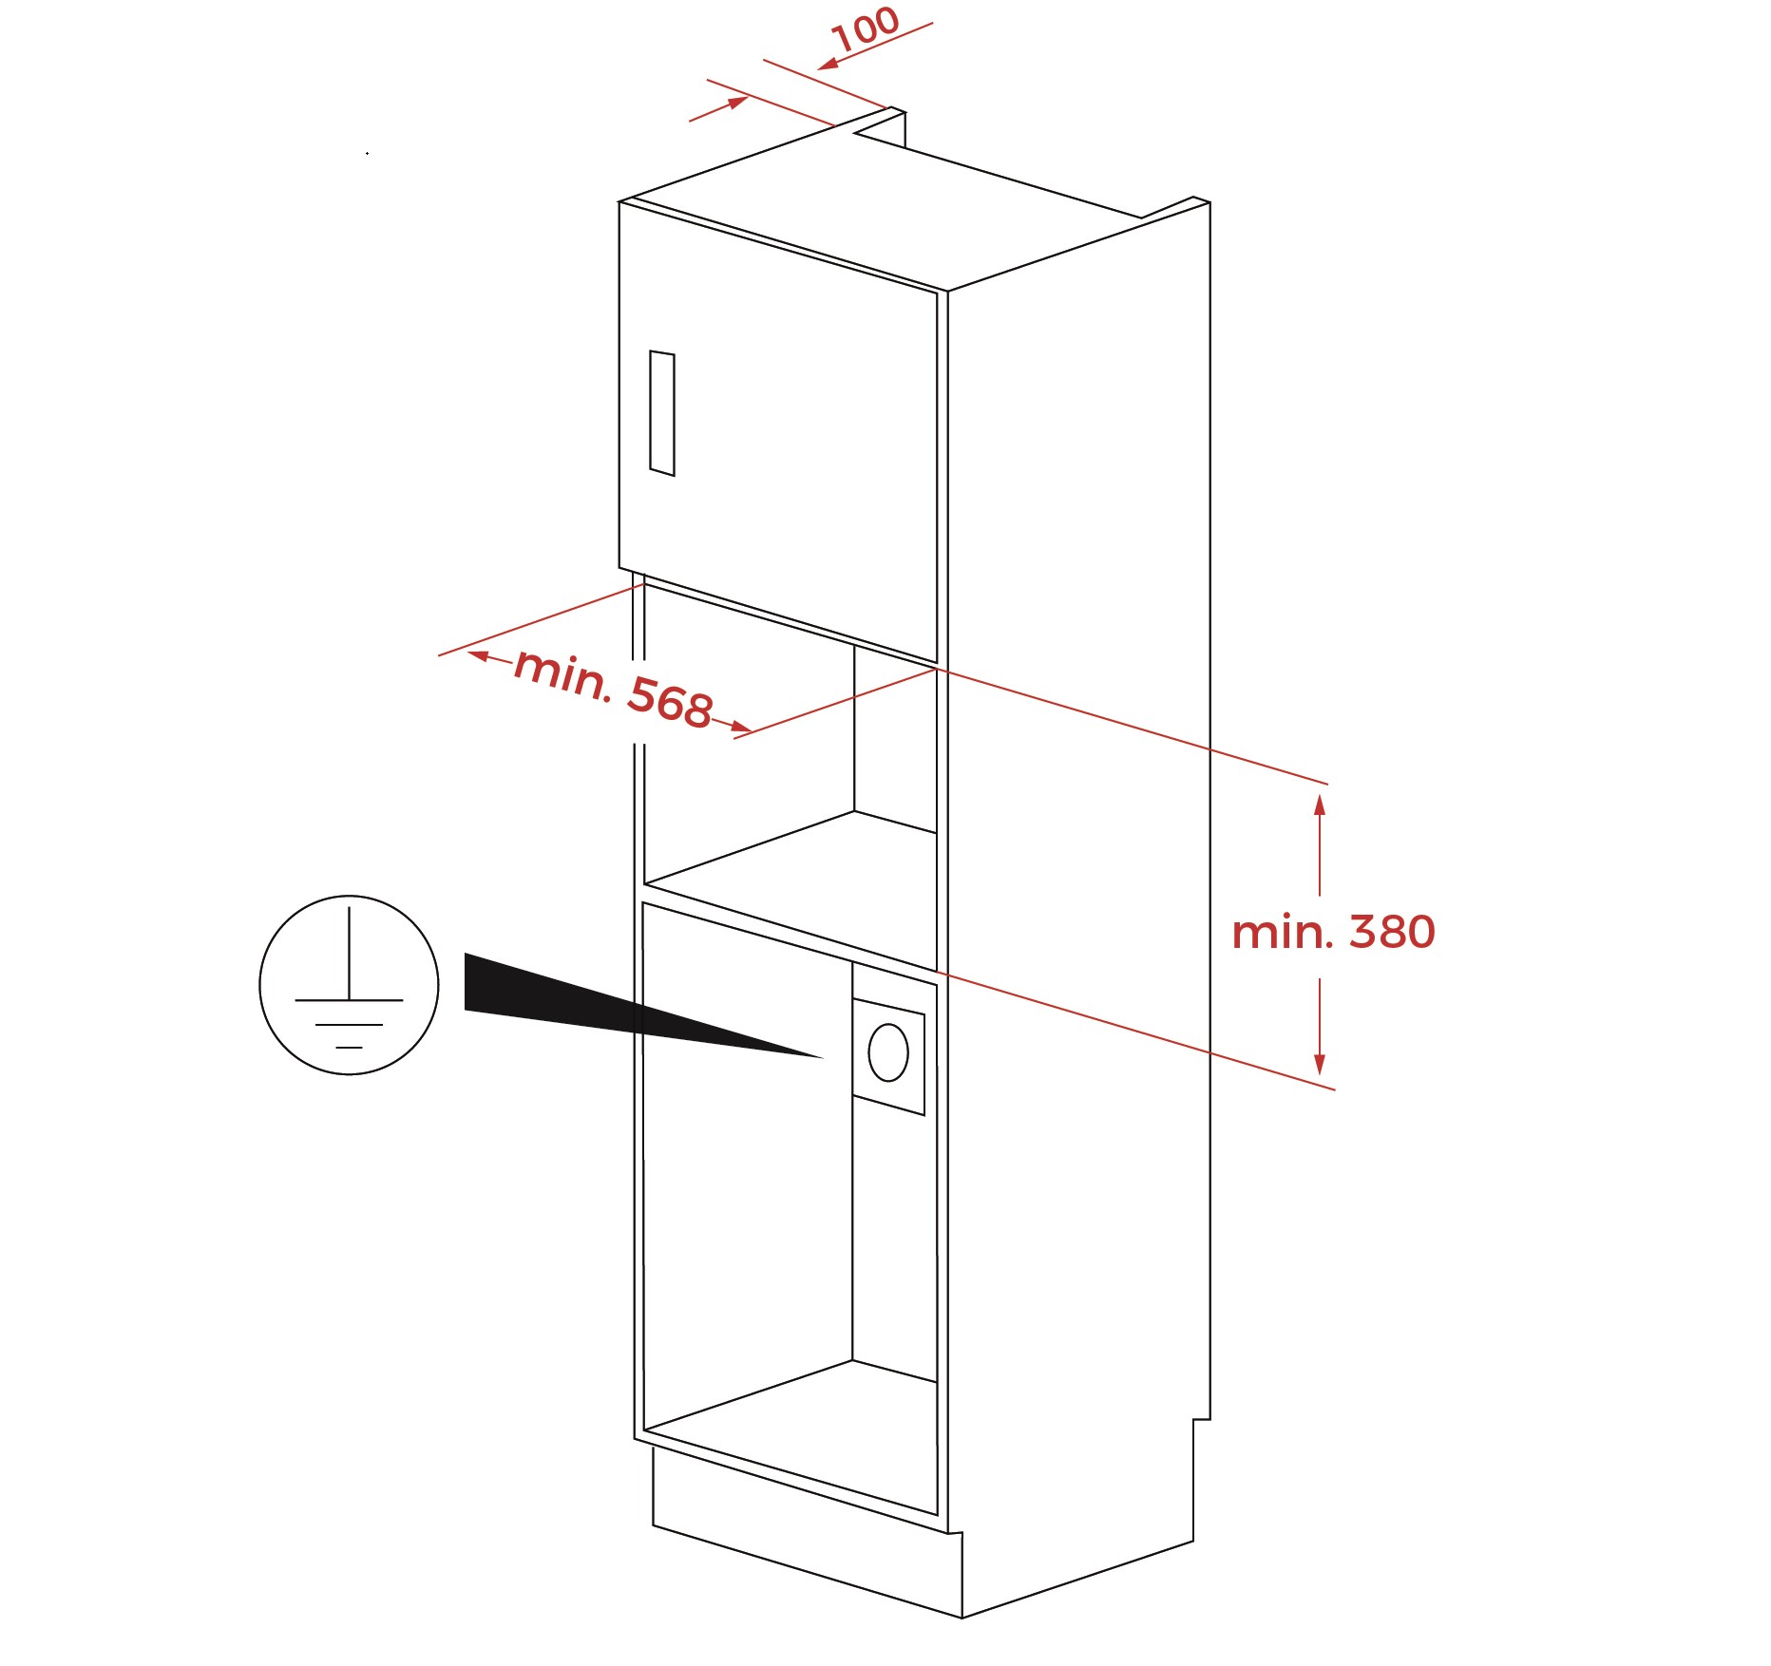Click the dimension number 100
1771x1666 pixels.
(x=865, y=28)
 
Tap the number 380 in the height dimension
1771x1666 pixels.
(x=1392, y=932)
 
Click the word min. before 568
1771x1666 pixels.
(x=562, y=673)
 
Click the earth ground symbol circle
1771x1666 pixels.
(x=349, y=985)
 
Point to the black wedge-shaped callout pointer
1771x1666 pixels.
(x=642, y=1006)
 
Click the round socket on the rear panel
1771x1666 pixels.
(x=888, y=1052)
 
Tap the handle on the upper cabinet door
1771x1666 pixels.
(x=662, y=413)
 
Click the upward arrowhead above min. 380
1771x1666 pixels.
(x=1320, y=805)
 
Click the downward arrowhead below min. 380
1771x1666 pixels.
(x=1320, y=1064)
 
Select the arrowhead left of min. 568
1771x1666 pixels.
(x=479, y=655)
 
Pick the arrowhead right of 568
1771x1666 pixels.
(x=741, y=729)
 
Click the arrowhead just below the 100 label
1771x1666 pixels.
(x=828, y=64)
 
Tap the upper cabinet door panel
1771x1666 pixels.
(x=778, y=432)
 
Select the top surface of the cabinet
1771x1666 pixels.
(x=912, y=204)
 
